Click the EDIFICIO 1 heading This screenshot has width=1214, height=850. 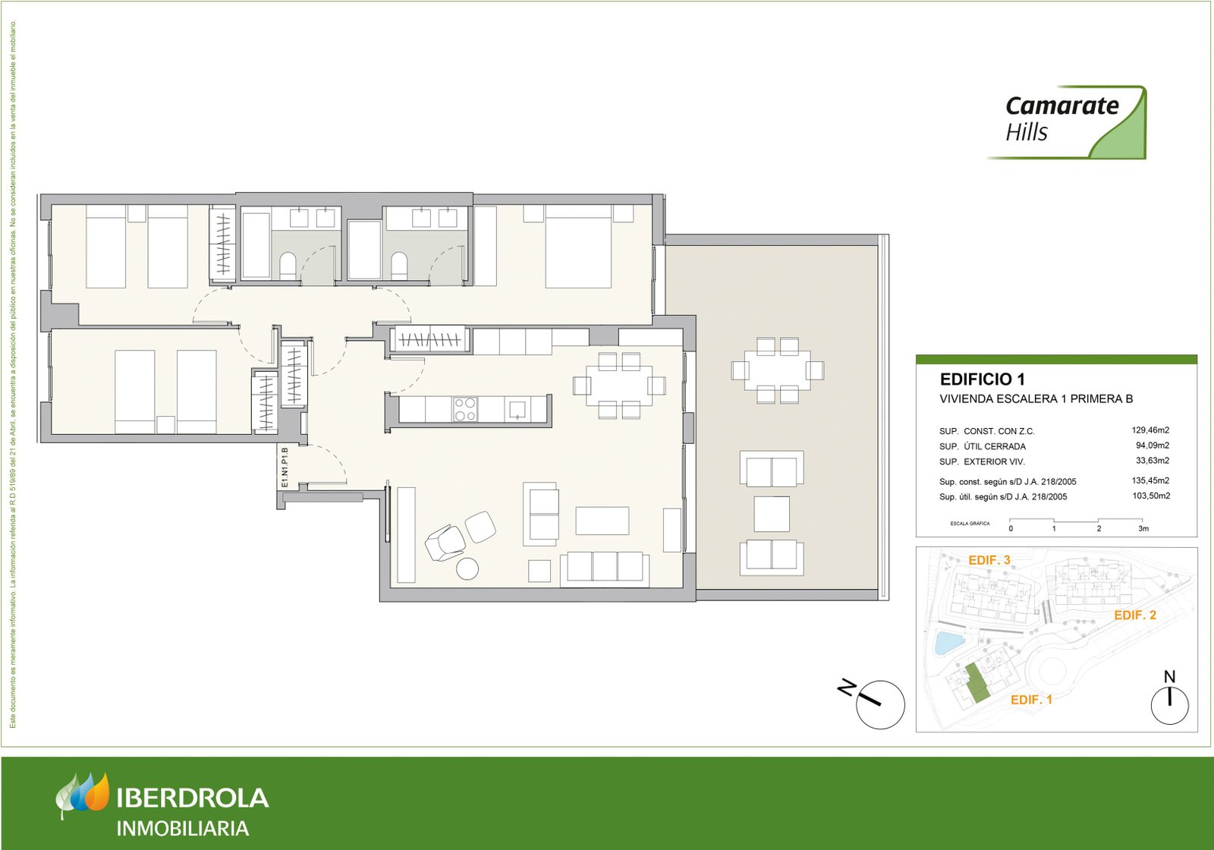click(x=982, y=379)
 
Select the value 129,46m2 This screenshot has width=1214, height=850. click(x=1150, y=430)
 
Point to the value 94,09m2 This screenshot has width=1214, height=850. click(x=1152, y=445)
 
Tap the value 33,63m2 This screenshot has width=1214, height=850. click(x=1152, y=461)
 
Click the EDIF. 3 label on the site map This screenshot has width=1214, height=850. click(x=989, y=560)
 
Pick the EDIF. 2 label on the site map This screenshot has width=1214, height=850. click(x=1134, y=615)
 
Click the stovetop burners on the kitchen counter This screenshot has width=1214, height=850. click(x=464, y=410)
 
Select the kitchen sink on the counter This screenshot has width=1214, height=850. click(x=517, y=409)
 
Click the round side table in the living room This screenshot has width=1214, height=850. click(x=467, y=568)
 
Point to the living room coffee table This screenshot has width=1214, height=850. click(x=602, y=521)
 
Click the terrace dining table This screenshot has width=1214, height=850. click(x=777, y=370)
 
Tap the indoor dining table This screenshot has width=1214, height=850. click(x=618, y=386)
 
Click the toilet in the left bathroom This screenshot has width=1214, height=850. click(x=288, y=266)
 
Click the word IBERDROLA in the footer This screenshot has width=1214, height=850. click(x=193, y=798)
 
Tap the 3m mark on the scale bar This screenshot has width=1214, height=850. click(x=1143, y=528)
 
